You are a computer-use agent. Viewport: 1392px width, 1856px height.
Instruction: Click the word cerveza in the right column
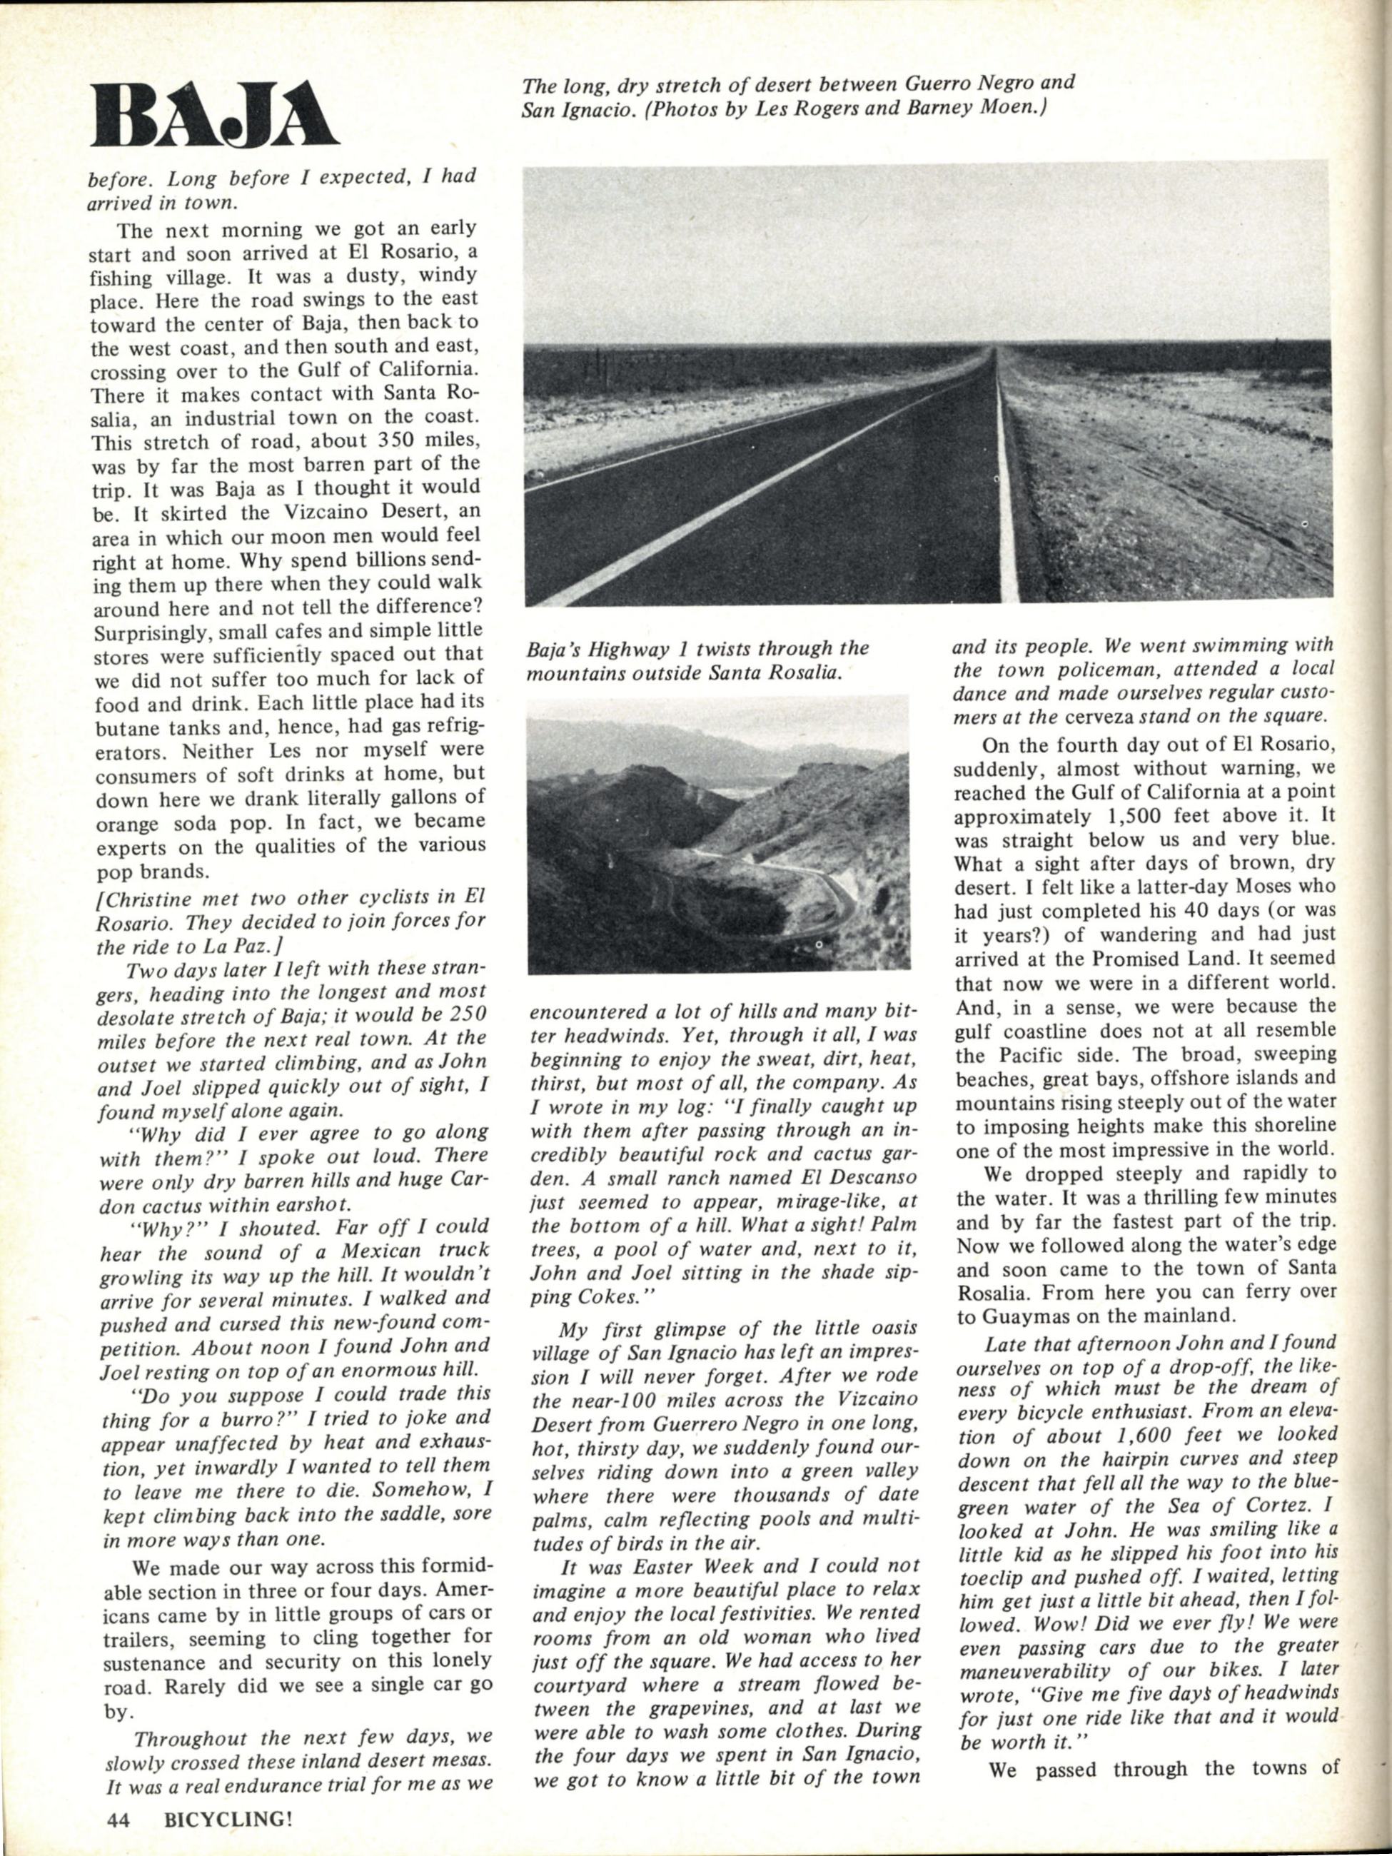[x=1083, y=717]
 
